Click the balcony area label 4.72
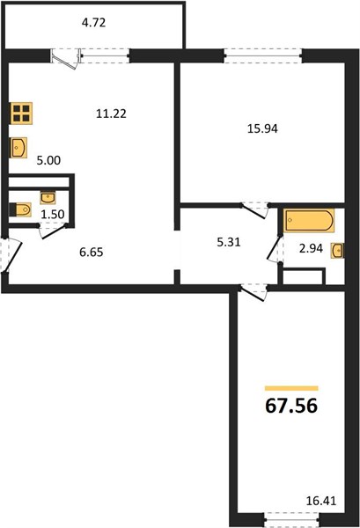pos(94,23)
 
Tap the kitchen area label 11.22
pos(111,114)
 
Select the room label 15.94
pos(262,128)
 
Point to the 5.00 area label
pos(48,160)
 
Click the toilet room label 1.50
pos(53,214)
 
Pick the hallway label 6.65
pos(92,252)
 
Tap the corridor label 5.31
pos(229,242)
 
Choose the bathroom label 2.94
pos(311,248)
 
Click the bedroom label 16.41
pos(321,501)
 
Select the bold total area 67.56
pos(291,406)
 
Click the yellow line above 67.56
pos(291,388)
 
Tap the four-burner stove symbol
pos(21,114)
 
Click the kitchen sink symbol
pos(18,148)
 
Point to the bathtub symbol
pos(309,221)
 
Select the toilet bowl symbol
pos(20,209)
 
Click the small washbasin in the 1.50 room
pos(48,198)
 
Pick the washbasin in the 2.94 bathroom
pos(338,251)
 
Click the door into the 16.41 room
pos(253,291)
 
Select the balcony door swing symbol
pos(67,60)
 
